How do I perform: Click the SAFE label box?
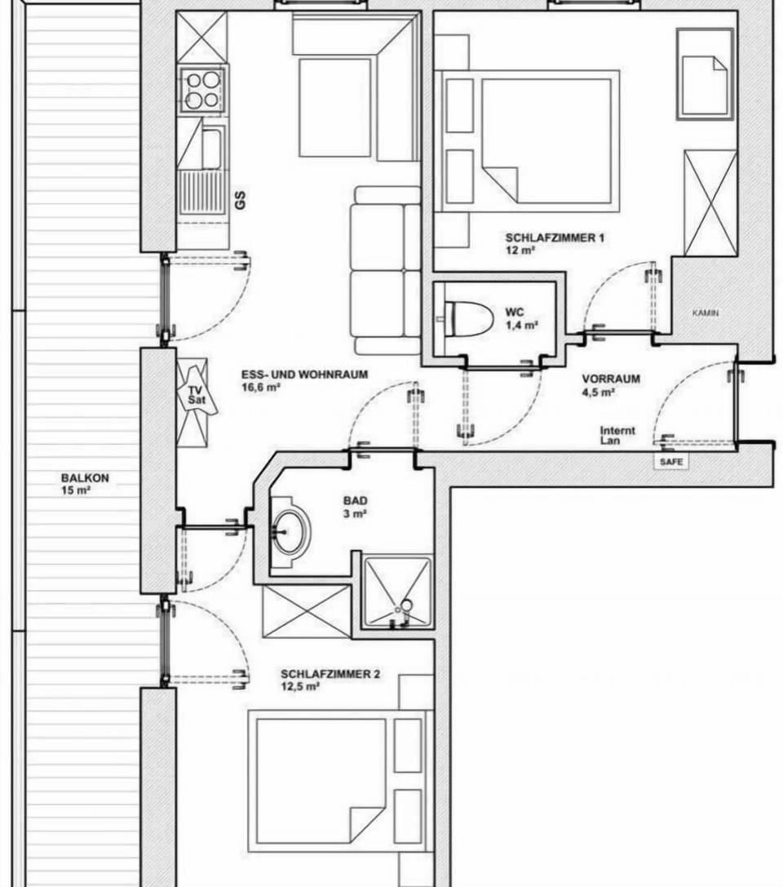(x=671, y=462)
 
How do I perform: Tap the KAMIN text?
(x=706, y=313)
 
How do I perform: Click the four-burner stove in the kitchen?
(x=202, y=90)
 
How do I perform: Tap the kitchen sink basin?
(x=211, y=149)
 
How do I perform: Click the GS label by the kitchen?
(x=241, y=200)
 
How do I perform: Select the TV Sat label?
(x=196, y=395)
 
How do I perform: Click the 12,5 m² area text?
(x=300, y=687)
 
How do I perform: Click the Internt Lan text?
(x=617, y=435)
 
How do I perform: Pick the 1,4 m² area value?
(x=521, y=326)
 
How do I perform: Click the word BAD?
(x=355, y=501)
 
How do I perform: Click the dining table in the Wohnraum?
(x=334, y=108)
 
